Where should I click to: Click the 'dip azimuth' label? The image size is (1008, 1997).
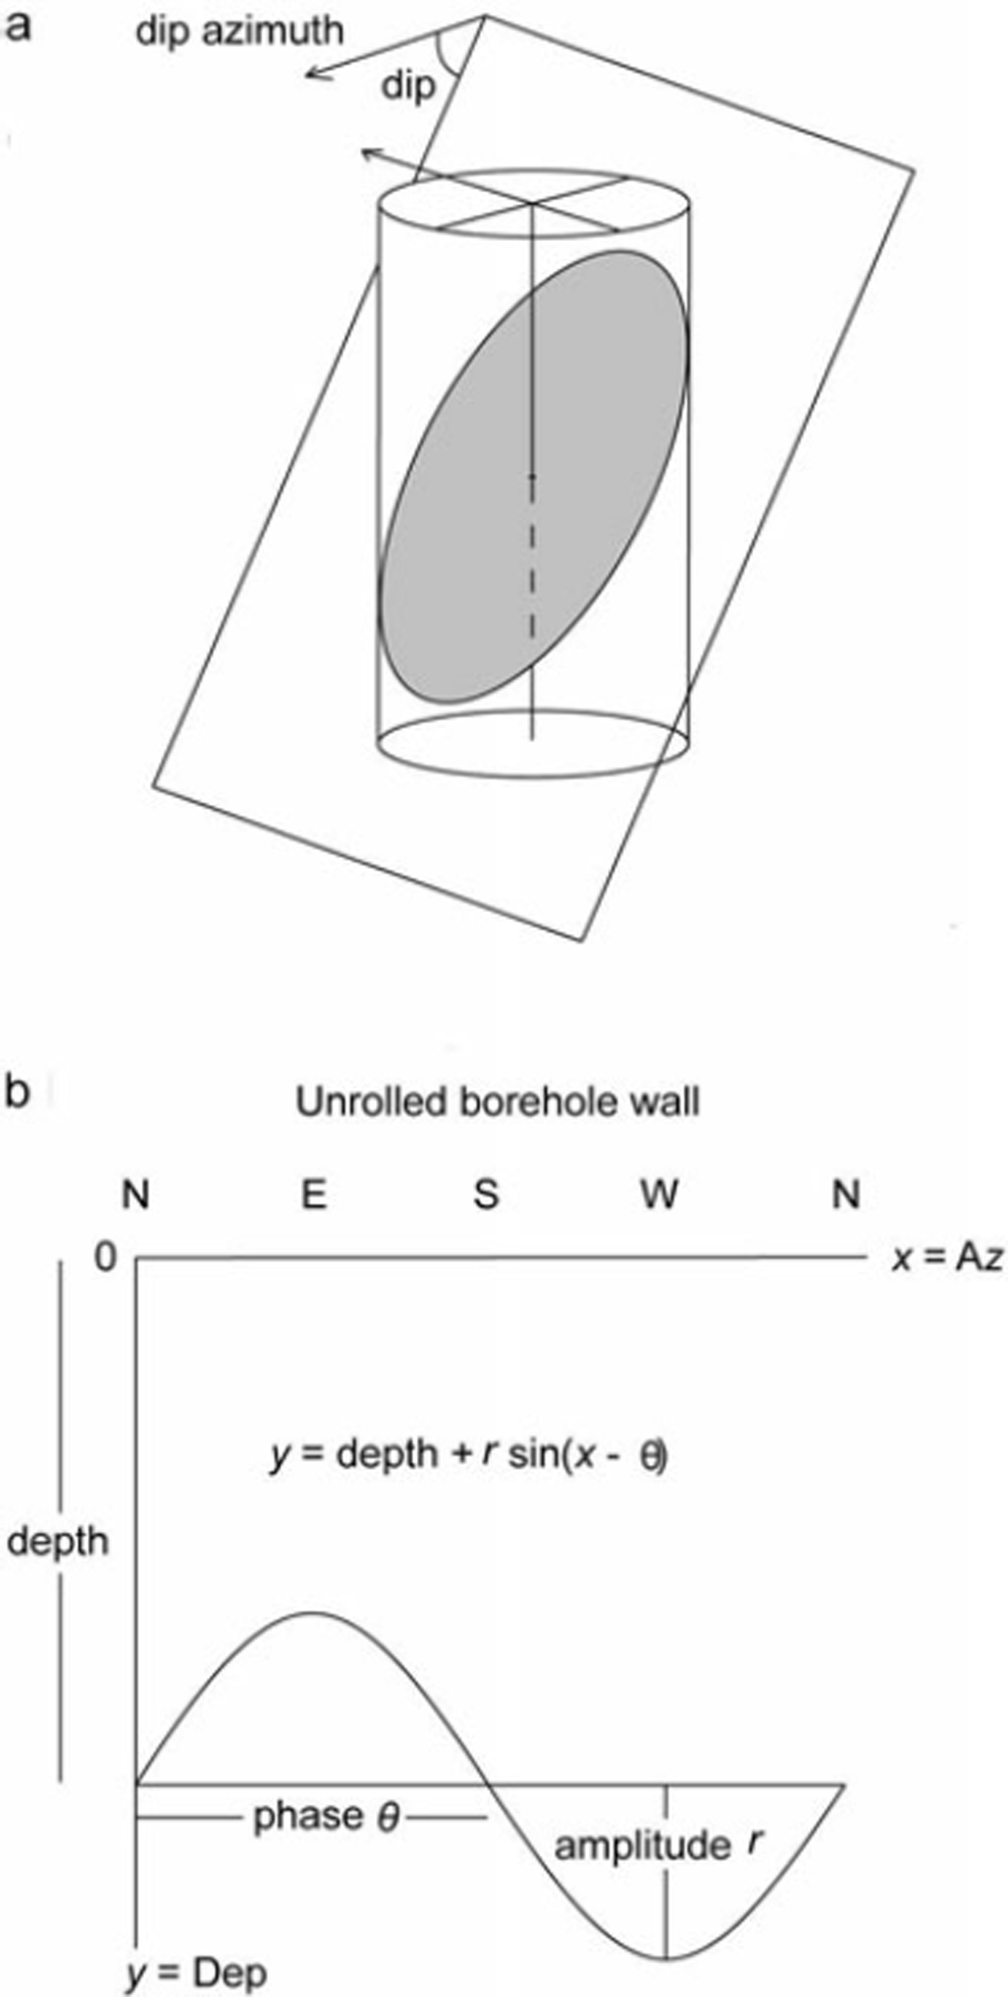point(239,31)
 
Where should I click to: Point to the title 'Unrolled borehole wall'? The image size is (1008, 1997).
point(497,1101)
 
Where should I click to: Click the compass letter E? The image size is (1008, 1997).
point(313,1194)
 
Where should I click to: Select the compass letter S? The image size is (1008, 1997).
point(486,1194)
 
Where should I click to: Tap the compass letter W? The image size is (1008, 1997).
point(659,1194)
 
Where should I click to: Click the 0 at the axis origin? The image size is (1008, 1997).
point(105,1257)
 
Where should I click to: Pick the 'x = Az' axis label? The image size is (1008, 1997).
point(947,1258)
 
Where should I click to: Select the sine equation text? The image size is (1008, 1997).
point(468,1454)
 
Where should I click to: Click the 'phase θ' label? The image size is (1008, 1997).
point(325,1816)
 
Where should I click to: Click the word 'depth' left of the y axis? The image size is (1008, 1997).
point(58,1541)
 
